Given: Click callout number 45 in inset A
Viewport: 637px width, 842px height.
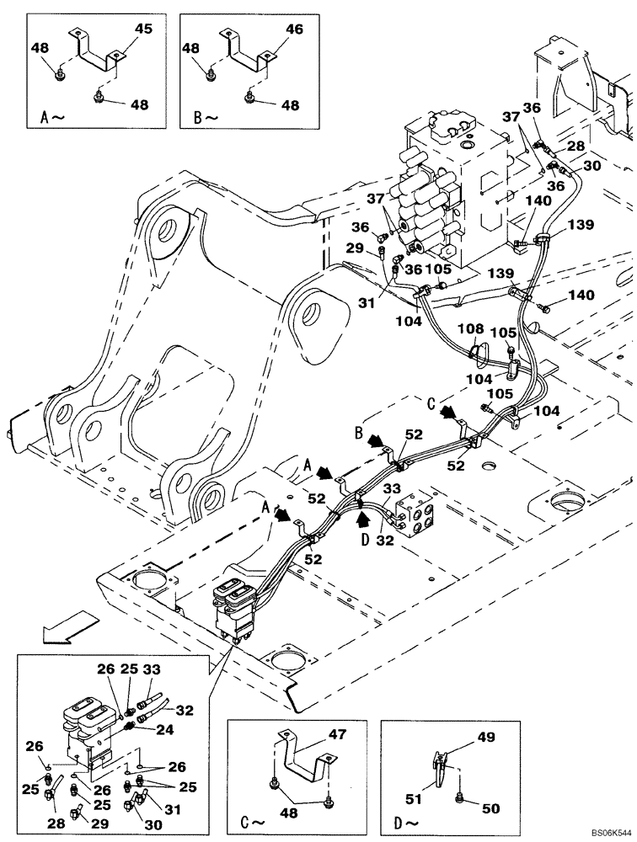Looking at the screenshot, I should click(x=143, y=29).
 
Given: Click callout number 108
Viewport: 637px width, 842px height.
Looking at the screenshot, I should click(x=469, y=328).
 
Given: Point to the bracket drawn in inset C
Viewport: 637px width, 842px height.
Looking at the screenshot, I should click(x=303, y=758).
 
